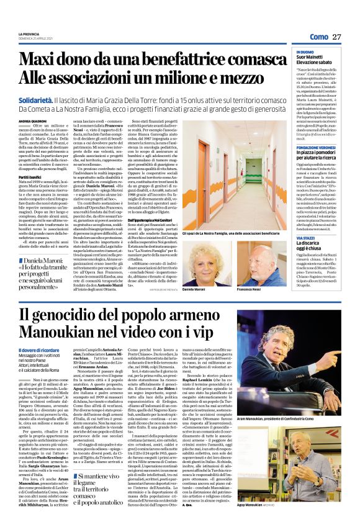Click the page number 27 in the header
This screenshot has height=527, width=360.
click(x=338, y=37)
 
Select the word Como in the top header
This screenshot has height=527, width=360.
click(x=318, y=37)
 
